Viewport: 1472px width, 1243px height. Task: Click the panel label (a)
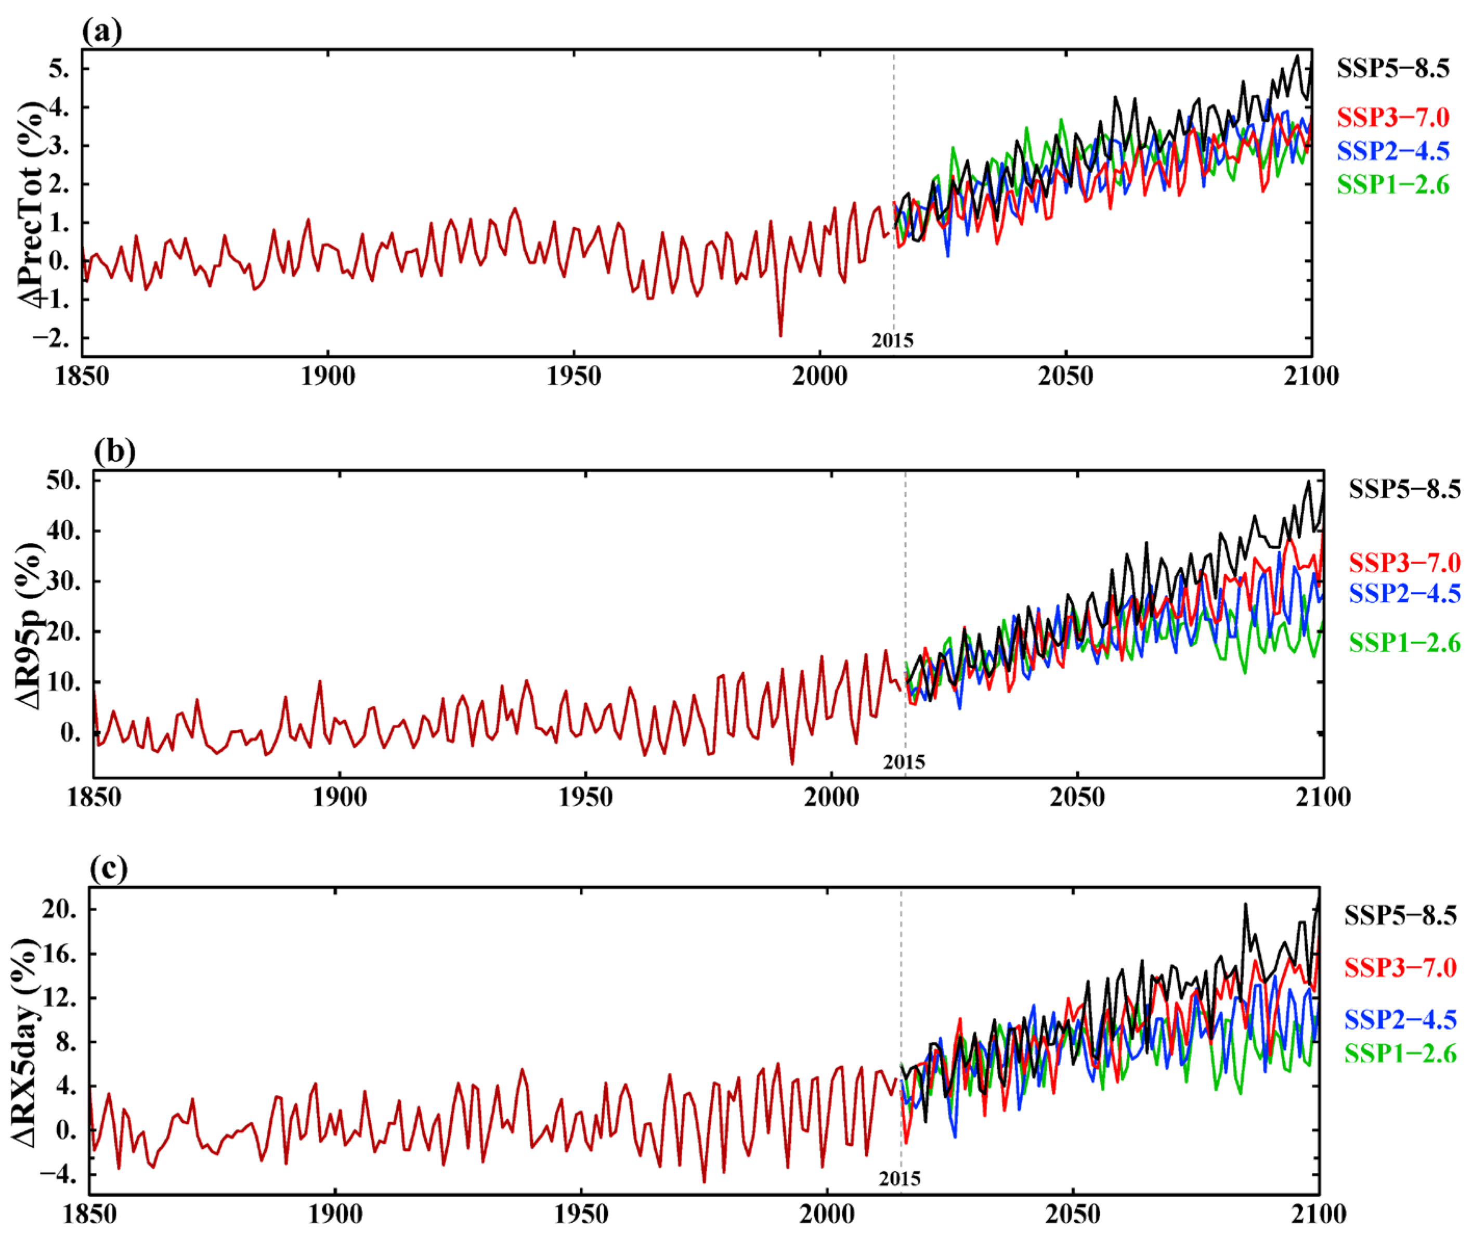[102, 31]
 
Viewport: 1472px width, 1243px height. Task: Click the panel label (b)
[114, 451]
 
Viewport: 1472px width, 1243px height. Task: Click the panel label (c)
[109, 869]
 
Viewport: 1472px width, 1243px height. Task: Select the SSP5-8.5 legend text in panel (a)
[1392, 68]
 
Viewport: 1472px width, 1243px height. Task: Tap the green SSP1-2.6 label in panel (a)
[1392, 185]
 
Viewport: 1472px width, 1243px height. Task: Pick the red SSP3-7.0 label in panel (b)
[1404, 562]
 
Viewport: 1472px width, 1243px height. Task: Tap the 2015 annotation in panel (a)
[892, 340]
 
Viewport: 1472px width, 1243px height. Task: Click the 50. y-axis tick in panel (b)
[63, 481]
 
